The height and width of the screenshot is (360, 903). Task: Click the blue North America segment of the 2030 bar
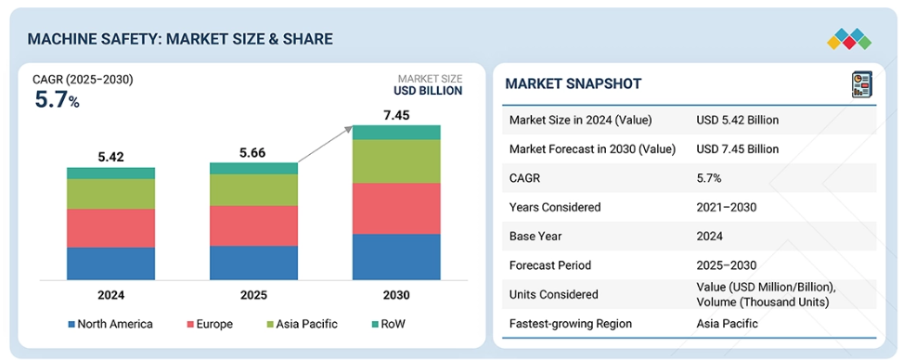[x=396, y=257]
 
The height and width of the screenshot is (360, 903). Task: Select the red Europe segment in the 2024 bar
[x=110, y=228]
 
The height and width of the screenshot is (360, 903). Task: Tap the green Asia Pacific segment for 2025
[x=253, y=190]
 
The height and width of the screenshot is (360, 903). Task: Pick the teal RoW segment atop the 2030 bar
[x=396, y=133]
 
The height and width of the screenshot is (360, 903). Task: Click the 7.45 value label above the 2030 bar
[x=396, y=115]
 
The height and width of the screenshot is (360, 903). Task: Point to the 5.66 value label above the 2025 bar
[x=253, y=153]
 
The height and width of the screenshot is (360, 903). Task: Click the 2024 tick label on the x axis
[x=110, y=295]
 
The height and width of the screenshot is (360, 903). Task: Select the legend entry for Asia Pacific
[x=301, y=324]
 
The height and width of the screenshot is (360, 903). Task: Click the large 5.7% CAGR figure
[x=57, y=99]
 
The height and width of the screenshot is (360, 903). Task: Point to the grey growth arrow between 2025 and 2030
[x=325, y=145]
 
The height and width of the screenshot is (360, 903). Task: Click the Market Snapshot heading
[x=573, y=84]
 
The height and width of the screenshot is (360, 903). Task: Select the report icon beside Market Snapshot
[x=861, y=84]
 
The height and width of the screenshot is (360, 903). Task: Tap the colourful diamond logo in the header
[x=849, y=39]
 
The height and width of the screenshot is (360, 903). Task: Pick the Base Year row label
[x=535, y=237]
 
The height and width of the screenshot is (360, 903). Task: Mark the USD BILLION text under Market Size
[x=428, y=90]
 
